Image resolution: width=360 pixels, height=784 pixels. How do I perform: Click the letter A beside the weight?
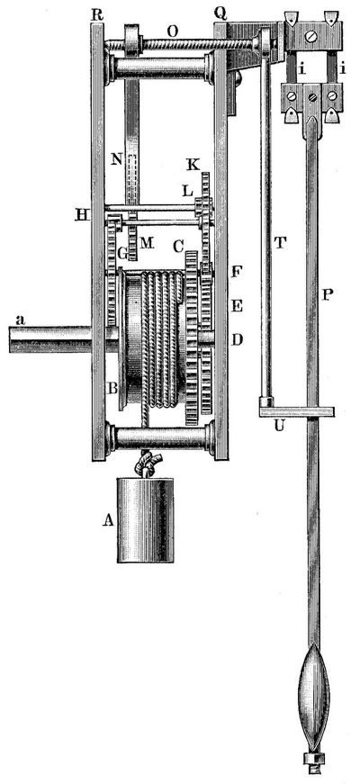click(x=108, y=520)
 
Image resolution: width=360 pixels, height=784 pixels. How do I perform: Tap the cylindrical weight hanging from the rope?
click(x=146, y=520)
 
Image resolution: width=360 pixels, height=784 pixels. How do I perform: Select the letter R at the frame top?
click(x=97, y=14)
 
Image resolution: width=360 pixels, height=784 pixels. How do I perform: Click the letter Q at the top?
click(x=220, y=14)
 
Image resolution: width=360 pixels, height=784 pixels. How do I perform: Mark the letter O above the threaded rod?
click(x=173, y=31)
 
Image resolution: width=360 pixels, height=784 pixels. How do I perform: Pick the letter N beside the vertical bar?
click(x=116, y=159)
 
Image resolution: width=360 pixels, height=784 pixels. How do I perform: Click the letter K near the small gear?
click(x=193, y=165)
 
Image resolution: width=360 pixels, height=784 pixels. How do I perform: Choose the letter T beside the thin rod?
click(x=281, y=242)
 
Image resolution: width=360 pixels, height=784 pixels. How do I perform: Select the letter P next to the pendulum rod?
click(x=327, y=295)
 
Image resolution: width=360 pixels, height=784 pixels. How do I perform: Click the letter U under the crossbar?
click(x=279, y=427)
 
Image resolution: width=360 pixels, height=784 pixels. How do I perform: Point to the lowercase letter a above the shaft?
click(x=20, y=320)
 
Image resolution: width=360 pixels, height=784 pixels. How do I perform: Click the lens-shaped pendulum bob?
click(x=313, y=698)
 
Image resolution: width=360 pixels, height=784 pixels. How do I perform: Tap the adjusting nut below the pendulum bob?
click(x=313, y=761)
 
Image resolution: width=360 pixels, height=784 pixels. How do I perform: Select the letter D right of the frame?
click(x=237, y=340)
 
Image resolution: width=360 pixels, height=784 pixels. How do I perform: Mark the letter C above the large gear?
click(x=177, y=246)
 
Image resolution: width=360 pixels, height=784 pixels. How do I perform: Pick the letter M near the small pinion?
click(x=146, y=243)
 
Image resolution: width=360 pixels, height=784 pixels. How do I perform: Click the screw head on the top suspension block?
click(x=312, y=37)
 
